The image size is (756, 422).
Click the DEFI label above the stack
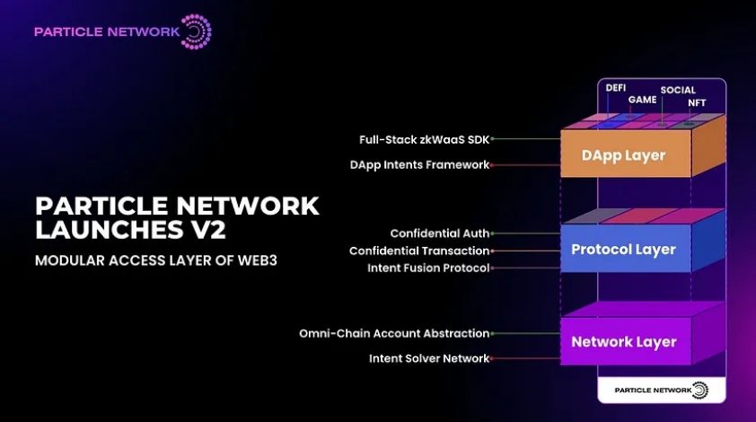[616, 89]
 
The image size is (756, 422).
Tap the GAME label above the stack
[642, 100]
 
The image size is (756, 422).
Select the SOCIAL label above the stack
[678, 90]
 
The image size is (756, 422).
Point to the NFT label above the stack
[697, 103]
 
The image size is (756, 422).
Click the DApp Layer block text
[623, 155]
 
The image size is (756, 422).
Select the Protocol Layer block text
[623, 250]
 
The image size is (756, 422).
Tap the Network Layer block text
[623, 342]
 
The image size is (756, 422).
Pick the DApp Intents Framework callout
[419, 165]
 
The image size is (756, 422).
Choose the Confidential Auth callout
[439, 233]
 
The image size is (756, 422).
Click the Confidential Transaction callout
[419, 251]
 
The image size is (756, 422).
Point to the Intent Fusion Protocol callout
[428, 268]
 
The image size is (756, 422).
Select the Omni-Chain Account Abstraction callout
[394, 333]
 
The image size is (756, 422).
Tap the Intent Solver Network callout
[429, 358]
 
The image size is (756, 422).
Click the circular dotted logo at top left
[197, 31]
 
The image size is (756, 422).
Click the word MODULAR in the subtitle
[68, 260]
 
